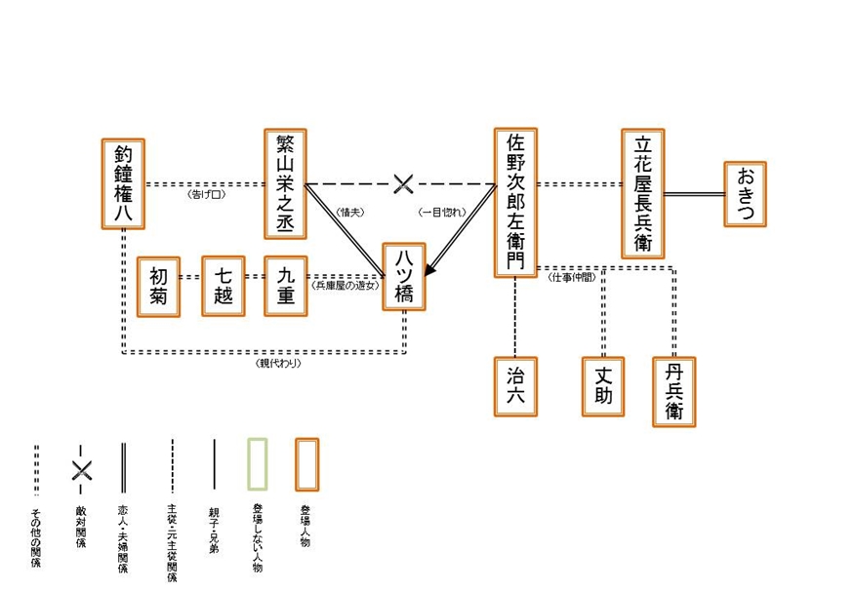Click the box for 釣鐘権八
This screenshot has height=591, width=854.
point(123,183)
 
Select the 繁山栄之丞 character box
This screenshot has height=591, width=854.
point(285,183)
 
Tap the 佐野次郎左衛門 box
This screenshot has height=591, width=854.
point(515,202)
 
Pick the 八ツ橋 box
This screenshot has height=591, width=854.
point(404,277)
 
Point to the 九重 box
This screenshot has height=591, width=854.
point(285,286)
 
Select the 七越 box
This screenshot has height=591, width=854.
point(224,286)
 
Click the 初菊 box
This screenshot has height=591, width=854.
point(159,286)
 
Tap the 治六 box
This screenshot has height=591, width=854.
point(515,386)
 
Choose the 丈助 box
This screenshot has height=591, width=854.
point(603,386)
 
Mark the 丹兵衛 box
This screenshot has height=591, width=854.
point(674,391)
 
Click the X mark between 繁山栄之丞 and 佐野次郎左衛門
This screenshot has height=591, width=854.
point(402,183)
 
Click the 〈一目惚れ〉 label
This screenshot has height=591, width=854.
point(441,212)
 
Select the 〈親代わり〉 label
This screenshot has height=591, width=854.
point(278,364)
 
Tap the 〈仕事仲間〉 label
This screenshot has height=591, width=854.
point(571,278)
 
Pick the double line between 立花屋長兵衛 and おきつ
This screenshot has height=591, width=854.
point(694,194)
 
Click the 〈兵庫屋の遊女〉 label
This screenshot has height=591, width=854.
point(345,287)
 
